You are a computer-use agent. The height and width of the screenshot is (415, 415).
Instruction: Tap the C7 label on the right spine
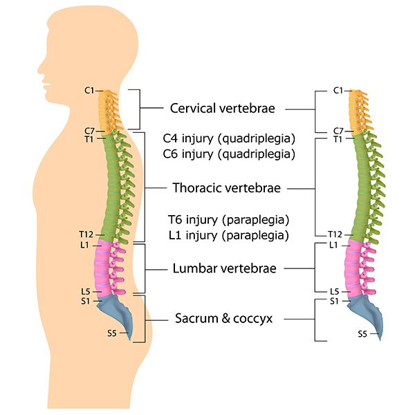[338, 130]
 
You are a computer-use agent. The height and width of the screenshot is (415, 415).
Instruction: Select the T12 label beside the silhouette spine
[86, 235]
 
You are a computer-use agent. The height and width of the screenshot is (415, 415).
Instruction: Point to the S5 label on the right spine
[362, 333]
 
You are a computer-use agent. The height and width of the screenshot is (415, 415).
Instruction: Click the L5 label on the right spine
[335, 292]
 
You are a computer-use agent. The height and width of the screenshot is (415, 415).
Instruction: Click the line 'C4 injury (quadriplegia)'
[229, 137]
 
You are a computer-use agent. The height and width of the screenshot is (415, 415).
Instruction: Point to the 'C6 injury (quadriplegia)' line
[229, 154]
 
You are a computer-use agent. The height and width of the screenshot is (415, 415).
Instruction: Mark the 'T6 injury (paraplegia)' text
[228, 220]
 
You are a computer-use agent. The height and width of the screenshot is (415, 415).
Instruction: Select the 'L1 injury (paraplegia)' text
[228, 235]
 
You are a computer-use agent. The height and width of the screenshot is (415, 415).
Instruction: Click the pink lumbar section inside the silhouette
[107, 266]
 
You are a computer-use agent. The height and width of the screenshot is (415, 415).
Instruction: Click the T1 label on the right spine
[338, 139]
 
